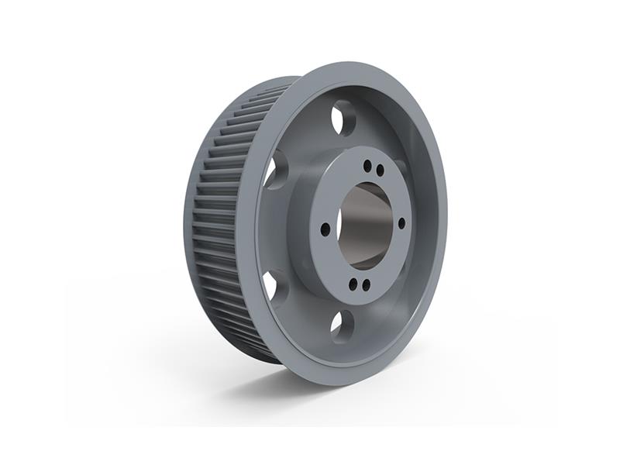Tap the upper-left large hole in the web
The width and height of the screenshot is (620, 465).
pos(274,170)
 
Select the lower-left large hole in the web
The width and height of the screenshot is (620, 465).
pos(272,284)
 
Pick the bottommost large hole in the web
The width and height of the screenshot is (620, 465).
pos(342,325)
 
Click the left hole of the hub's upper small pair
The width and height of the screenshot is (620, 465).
pos(367,165)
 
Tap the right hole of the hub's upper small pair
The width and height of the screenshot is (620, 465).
pos(380,170)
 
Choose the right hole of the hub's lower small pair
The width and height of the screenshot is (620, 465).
pos(366,285)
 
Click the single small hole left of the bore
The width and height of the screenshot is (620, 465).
pos(325,228)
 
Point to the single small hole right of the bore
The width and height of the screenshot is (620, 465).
pos(401,223)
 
